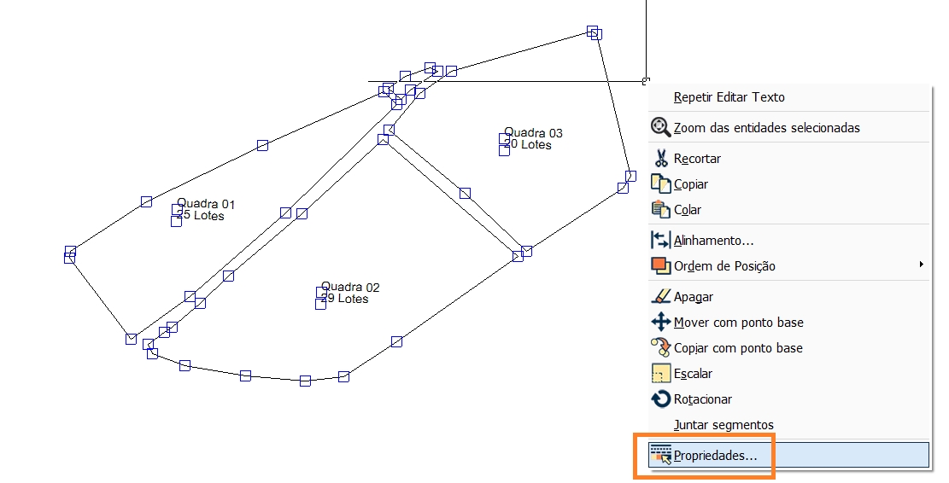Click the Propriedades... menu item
click(715, 456)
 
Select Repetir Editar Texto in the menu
click(729, 97)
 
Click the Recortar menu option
click(697, 159)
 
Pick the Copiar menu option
click(690, 184)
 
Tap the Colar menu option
click(688, 210)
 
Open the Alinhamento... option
click(713, 241)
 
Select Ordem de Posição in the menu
click(724, 266)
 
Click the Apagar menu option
click(693, 297)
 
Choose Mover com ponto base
click(738, 323)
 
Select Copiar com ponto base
click(738, 348)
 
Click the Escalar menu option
click(693, 374)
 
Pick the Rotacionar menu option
click(702, 399)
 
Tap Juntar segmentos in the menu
click(723, 425)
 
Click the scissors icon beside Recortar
click(660, 159)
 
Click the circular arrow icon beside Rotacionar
click(660, 399)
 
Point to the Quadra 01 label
click(206, 205)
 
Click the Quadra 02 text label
click(350, 288)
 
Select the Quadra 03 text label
click(534, 133)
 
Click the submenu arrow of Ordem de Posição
click(922, 265)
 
